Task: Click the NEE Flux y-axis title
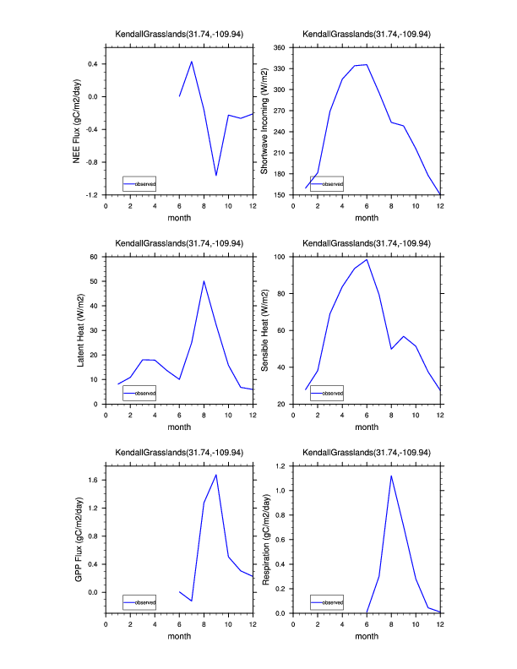pos(77,121)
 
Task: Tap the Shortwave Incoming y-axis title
pos(264,121)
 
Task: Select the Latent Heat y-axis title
pos(81,330)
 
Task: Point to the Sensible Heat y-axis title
pos(264,330)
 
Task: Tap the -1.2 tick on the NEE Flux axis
pos(93,195)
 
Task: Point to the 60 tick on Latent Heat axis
pos(95,256)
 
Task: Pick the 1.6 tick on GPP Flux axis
pos(94,480)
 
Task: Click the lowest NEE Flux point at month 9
pos(216,176)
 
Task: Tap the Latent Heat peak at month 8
pos(204,281)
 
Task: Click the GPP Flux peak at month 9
pos(216,475)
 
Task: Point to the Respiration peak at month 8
pos(391,476)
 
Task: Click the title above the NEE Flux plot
pos(179,34)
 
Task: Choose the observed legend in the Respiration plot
pos(327,602)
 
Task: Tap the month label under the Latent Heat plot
pos(179,427)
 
